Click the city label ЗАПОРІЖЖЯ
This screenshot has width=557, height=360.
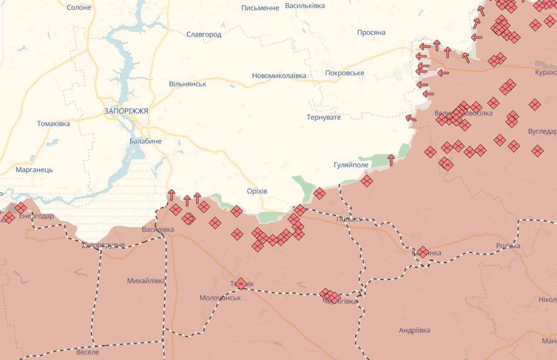point(126,111)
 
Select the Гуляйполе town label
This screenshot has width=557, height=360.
point(351,165)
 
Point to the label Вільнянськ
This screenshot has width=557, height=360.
point(187,84)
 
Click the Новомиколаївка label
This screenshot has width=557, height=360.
point(278,76)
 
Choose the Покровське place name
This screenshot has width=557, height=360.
point(345,73)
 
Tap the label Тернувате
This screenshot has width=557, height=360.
point(324,117)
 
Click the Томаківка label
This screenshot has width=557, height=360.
point(53,124)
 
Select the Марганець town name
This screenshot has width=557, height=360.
point(34,170)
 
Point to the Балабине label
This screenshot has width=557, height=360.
point(146,141)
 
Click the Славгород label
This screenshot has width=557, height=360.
point(204,35)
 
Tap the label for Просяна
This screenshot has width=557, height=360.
point(371,32)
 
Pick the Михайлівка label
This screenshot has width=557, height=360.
point(146,281)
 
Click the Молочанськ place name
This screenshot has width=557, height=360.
point(220,297)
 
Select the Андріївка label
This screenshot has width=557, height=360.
point(414,330)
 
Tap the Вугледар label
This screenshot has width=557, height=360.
point(542,132)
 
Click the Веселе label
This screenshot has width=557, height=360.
point(88,352)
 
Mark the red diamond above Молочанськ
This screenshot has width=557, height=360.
point(241,283)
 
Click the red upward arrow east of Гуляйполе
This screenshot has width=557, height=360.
point(391,158)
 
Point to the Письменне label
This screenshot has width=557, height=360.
point(260,8)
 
